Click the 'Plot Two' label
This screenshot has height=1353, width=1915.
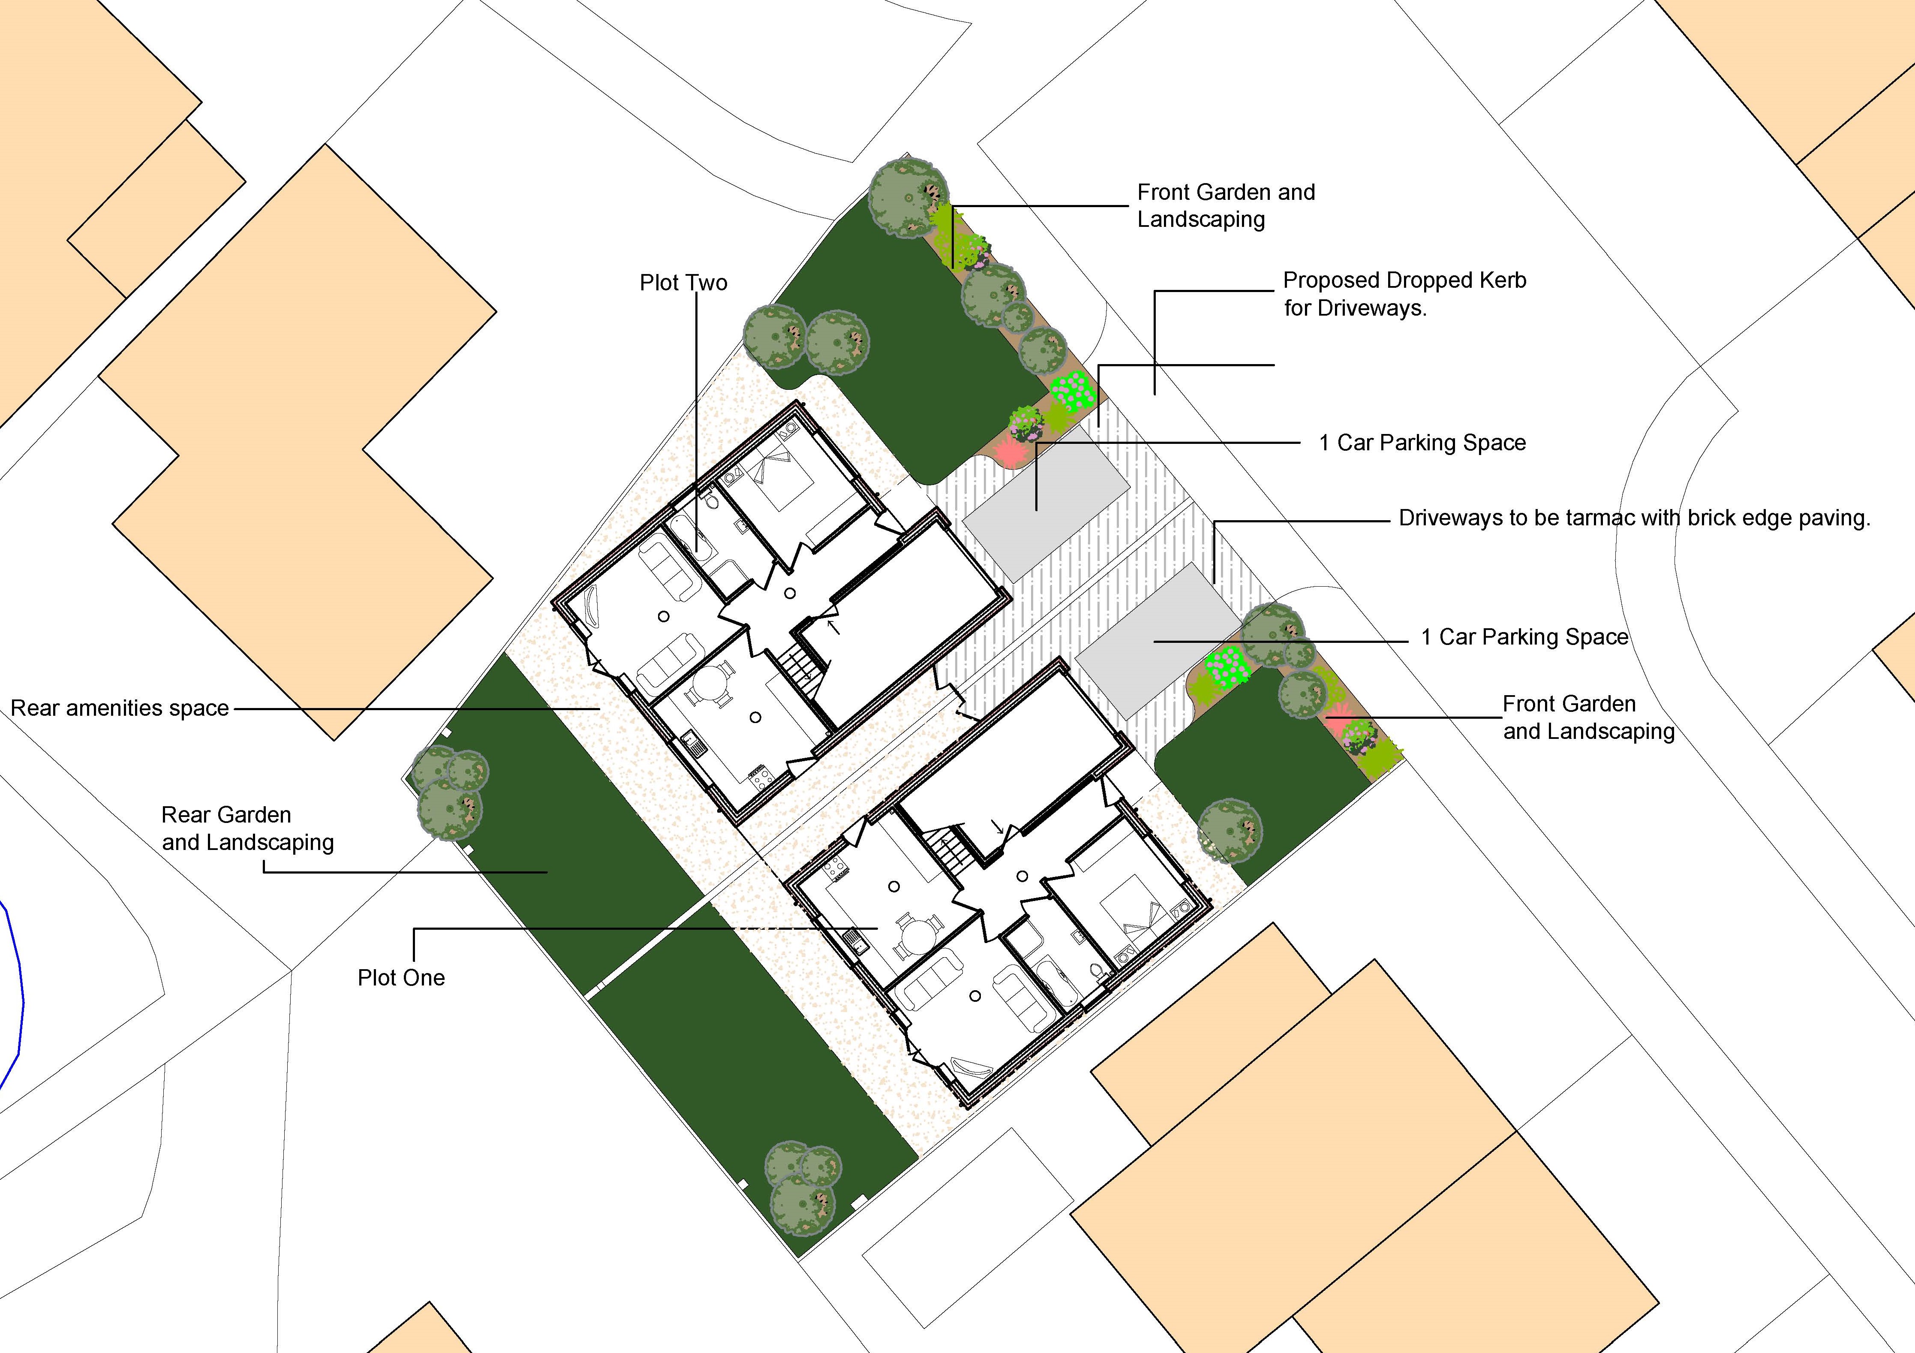[x=683, y=283]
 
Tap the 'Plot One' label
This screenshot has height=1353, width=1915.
[x=401, y=978]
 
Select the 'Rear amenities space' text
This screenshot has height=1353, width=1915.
[x=119, y=708]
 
